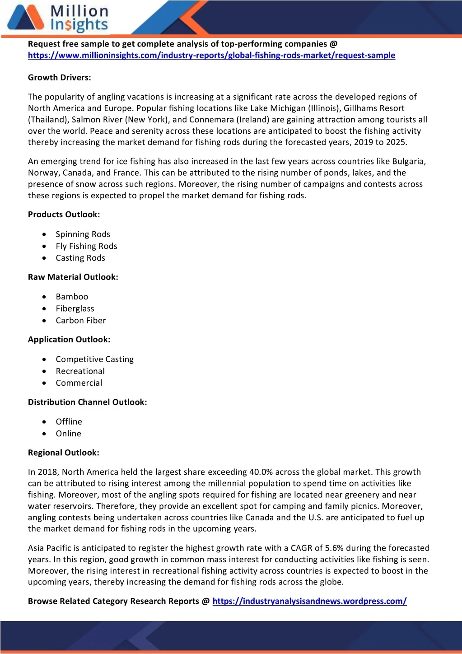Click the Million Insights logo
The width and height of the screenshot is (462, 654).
point(58,18)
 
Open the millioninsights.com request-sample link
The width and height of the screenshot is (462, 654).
point(211,56)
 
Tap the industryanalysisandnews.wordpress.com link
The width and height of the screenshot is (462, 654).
point(309,601)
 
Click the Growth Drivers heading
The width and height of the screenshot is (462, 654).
point(60,78)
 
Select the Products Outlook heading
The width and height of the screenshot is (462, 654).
point(64,215)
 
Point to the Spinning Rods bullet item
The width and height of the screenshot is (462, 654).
point(83,234)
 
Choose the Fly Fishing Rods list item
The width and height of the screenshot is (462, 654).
point(86,246)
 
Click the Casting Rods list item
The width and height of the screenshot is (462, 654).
point(80,258)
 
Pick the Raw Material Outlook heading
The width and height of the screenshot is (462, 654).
point(73,277)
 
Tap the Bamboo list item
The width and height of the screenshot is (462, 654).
point(72,297)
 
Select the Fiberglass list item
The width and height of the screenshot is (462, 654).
point(75,308)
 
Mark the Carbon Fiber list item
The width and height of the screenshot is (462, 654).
point(81,321)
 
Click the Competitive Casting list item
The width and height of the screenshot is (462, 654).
point(95,360)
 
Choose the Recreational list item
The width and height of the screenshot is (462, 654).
point(80,371)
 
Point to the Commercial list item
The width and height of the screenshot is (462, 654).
point(79,383)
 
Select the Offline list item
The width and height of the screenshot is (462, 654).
point(69,422)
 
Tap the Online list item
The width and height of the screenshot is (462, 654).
point(69,434)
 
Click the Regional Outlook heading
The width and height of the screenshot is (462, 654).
point(64,453)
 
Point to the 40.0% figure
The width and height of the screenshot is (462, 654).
point(261,472)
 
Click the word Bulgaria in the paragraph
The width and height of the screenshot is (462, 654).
point(408,162)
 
